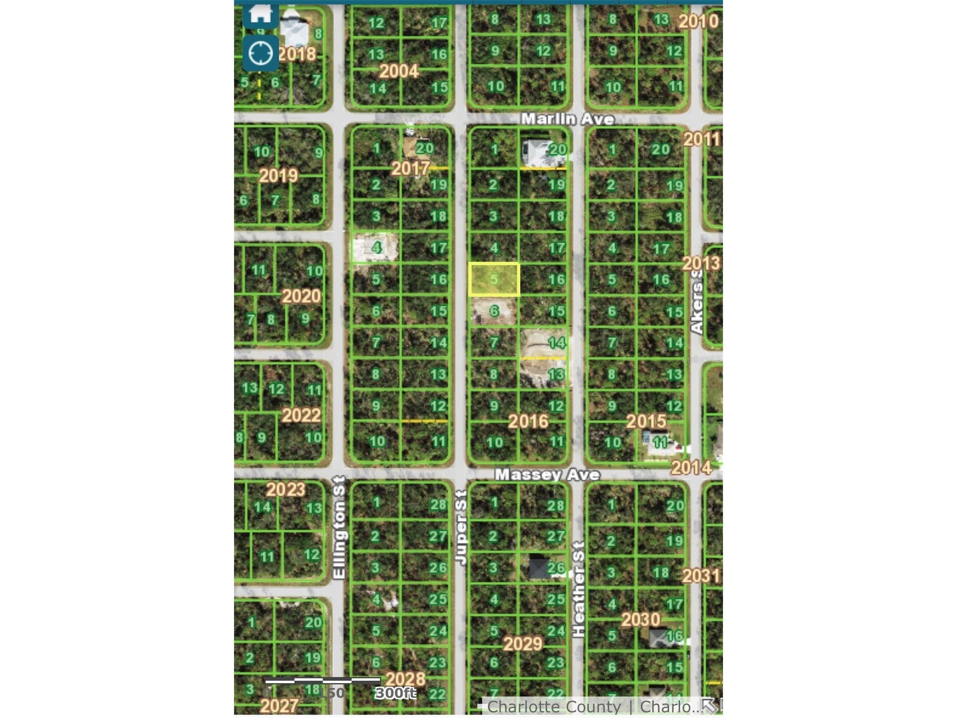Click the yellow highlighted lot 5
click(x=494, y=279)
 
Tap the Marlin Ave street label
click(x=567, y=119)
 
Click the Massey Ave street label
click(x=547, y=475)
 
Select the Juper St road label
click(x=462, y=528)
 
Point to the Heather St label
click(x=578, y=589)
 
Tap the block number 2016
click(x=528, y=421)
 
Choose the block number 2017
click(x=411, y=168)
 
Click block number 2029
click(x=523, y=644)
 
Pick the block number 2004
click(x=399, y=71)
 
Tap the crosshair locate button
click(x=261, y=53)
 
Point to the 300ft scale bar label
click(x=395, y=693)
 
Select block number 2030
click(x=641, y=619)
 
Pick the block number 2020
click(x=301, y=296)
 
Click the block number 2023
click(x=285, y=490)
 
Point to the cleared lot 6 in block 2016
click(x=493, y=311)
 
